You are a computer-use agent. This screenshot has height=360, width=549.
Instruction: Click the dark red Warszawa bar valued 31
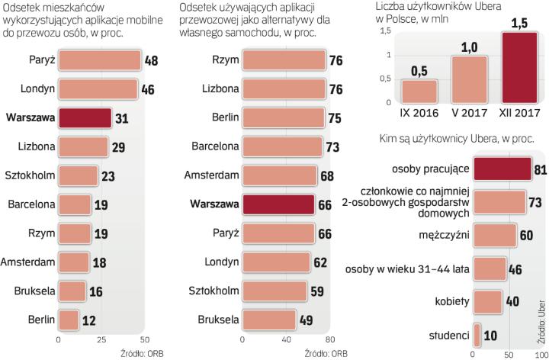[x=84, y=118]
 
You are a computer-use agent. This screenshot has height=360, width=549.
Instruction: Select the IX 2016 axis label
[x=420, y=112]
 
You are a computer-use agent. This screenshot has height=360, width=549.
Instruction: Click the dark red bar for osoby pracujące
[x=502, y=169]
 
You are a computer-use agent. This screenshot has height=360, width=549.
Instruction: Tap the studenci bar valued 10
[x=477, y=334]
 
